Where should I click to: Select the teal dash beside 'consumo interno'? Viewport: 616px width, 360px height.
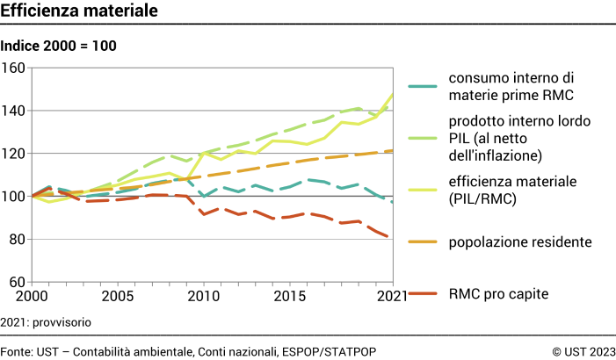click(x=424, y=85)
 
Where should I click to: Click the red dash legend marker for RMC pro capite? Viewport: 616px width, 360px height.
click(x=424, y=292)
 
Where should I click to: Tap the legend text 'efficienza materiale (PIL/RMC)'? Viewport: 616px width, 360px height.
click(x=511, y=189)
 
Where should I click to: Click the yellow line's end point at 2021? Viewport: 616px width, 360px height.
click(x=392, y=93)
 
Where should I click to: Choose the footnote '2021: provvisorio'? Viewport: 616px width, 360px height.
click(x=46, y=322)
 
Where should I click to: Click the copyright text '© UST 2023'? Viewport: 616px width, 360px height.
click(x=583, y=351)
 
